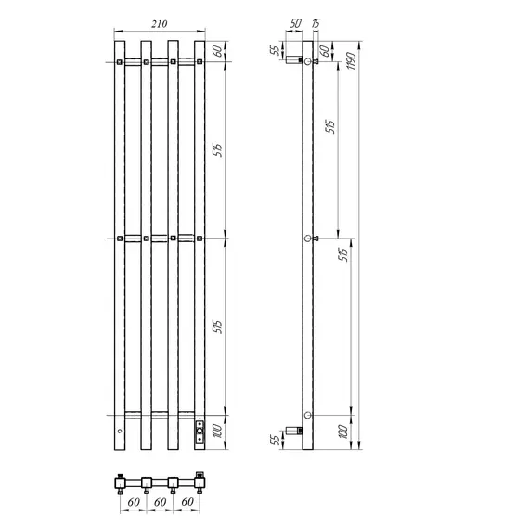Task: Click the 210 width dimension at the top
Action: [x=160, y=27]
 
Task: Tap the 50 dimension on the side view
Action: [x=296, y=22]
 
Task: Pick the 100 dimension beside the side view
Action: [x=342, y=432]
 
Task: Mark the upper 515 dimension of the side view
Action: [x=330, y=128]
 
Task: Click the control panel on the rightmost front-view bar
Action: [x=199, y=431]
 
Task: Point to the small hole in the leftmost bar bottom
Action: [x=119, y=433]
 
